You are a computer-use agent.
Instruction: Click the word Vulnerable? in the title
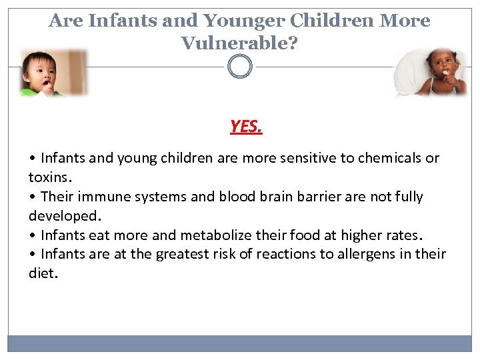pos(239,43)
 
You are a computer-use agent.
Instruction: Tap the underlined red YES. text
pos(246,126)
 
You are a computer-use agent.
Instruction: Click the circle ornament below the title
pos(240,67)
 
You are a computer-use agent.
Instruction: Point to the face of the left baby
pos(41,69)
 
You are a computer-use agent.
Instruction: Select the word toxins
pos(50,177)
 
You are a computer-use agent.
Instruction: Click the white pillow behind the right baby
pos(409,73)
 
